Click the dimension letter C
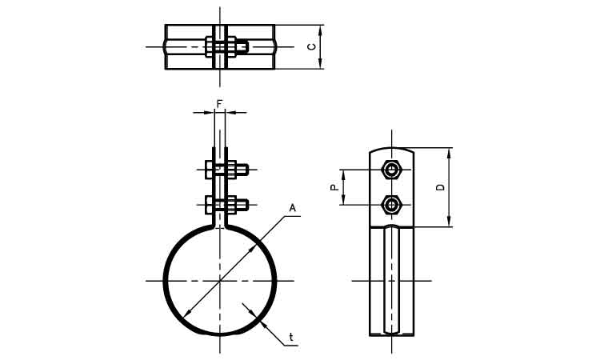313,46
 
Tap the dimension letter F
219,103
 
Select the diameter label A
292,208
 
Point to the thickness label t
291,337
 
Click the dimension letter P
334,187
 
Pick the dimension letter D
441,187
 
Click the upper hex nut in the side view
391,170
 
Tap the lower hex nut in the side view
391,205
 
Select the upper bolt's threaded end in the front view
242,170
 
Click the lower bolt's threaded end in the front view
242,205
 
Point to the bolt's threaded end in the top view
242,46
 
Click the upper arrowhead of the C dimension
321,30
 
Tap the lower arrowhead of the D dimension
450,222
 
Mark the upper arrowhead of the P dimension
343,174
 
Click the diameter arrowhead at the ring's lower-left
186,314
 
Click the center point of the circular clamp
220,281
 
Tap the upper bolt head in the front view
209,170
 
